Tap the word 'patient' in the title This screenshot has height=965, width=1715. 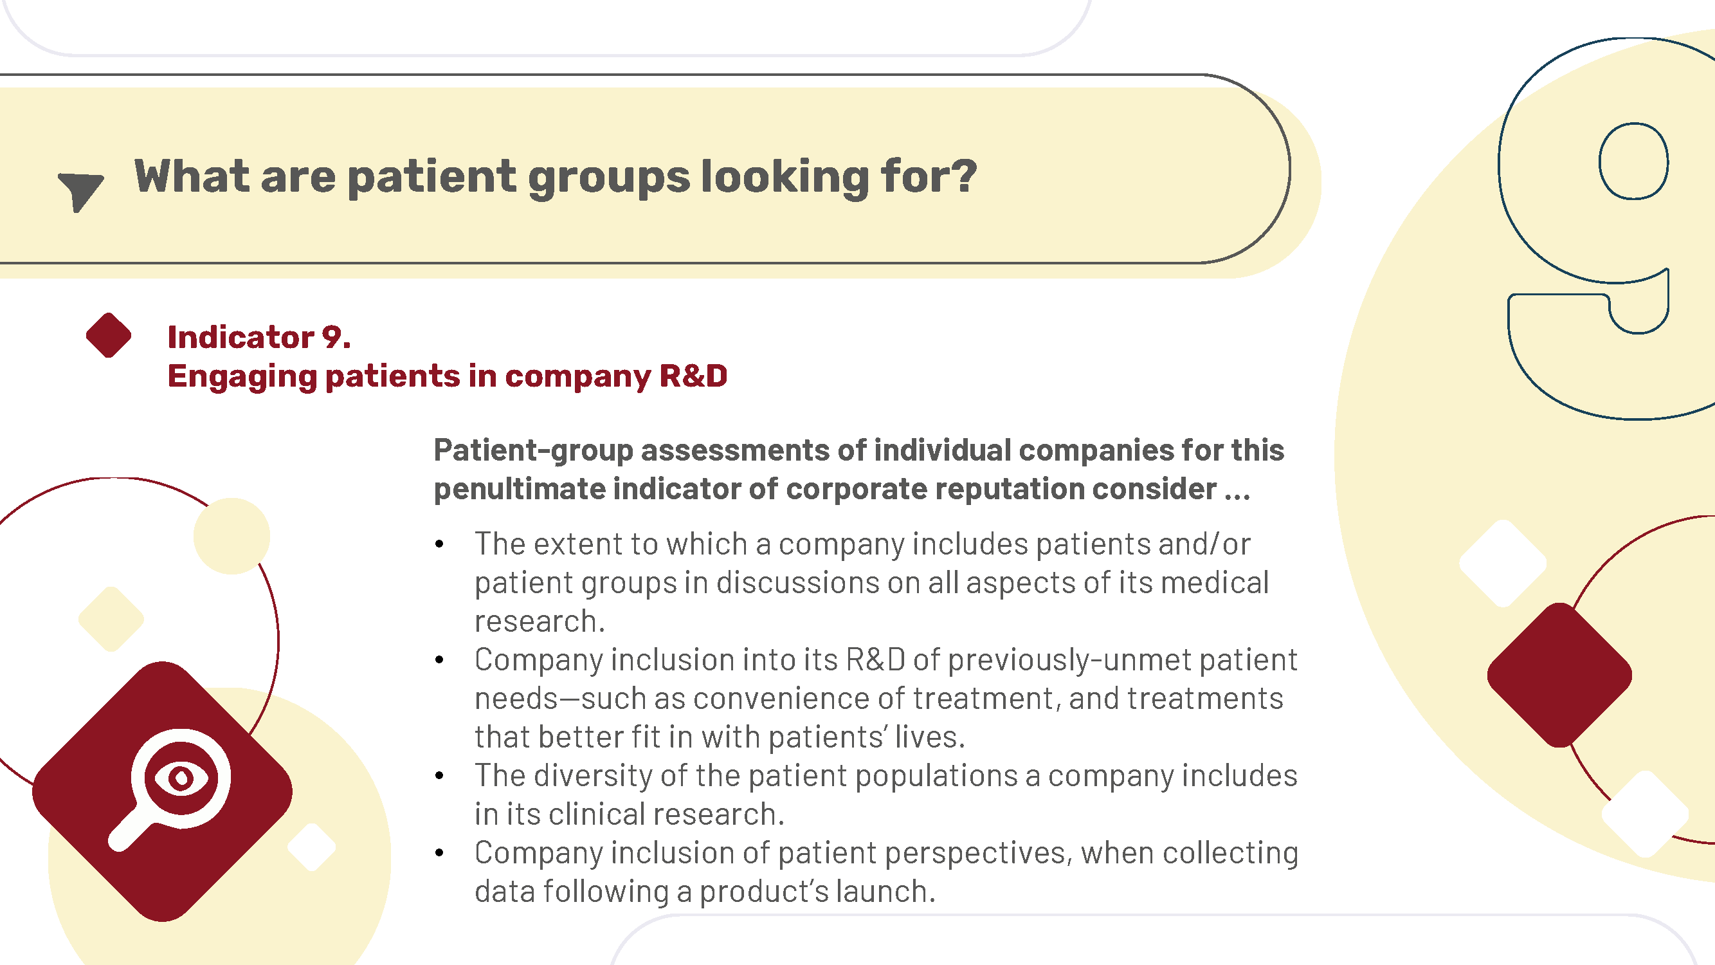(432, 178)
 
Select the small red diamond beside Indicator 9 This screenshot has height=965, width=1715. (109, 335)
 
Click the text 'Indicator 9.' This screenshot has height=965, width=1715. (259, 337)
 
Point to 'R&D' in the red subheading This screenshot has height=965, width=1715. (693, 376)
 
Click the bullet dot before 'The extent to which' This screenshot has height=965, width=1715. (439, 545)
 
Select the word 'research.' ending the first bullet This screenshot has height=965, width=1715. (540, 621)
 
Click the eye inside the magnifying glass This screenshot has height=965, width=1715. (181, 778)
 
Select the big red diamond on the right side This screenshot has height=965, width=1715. (1559, 675)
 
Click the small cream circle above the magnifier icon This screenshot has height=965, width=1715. (231, 536)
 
